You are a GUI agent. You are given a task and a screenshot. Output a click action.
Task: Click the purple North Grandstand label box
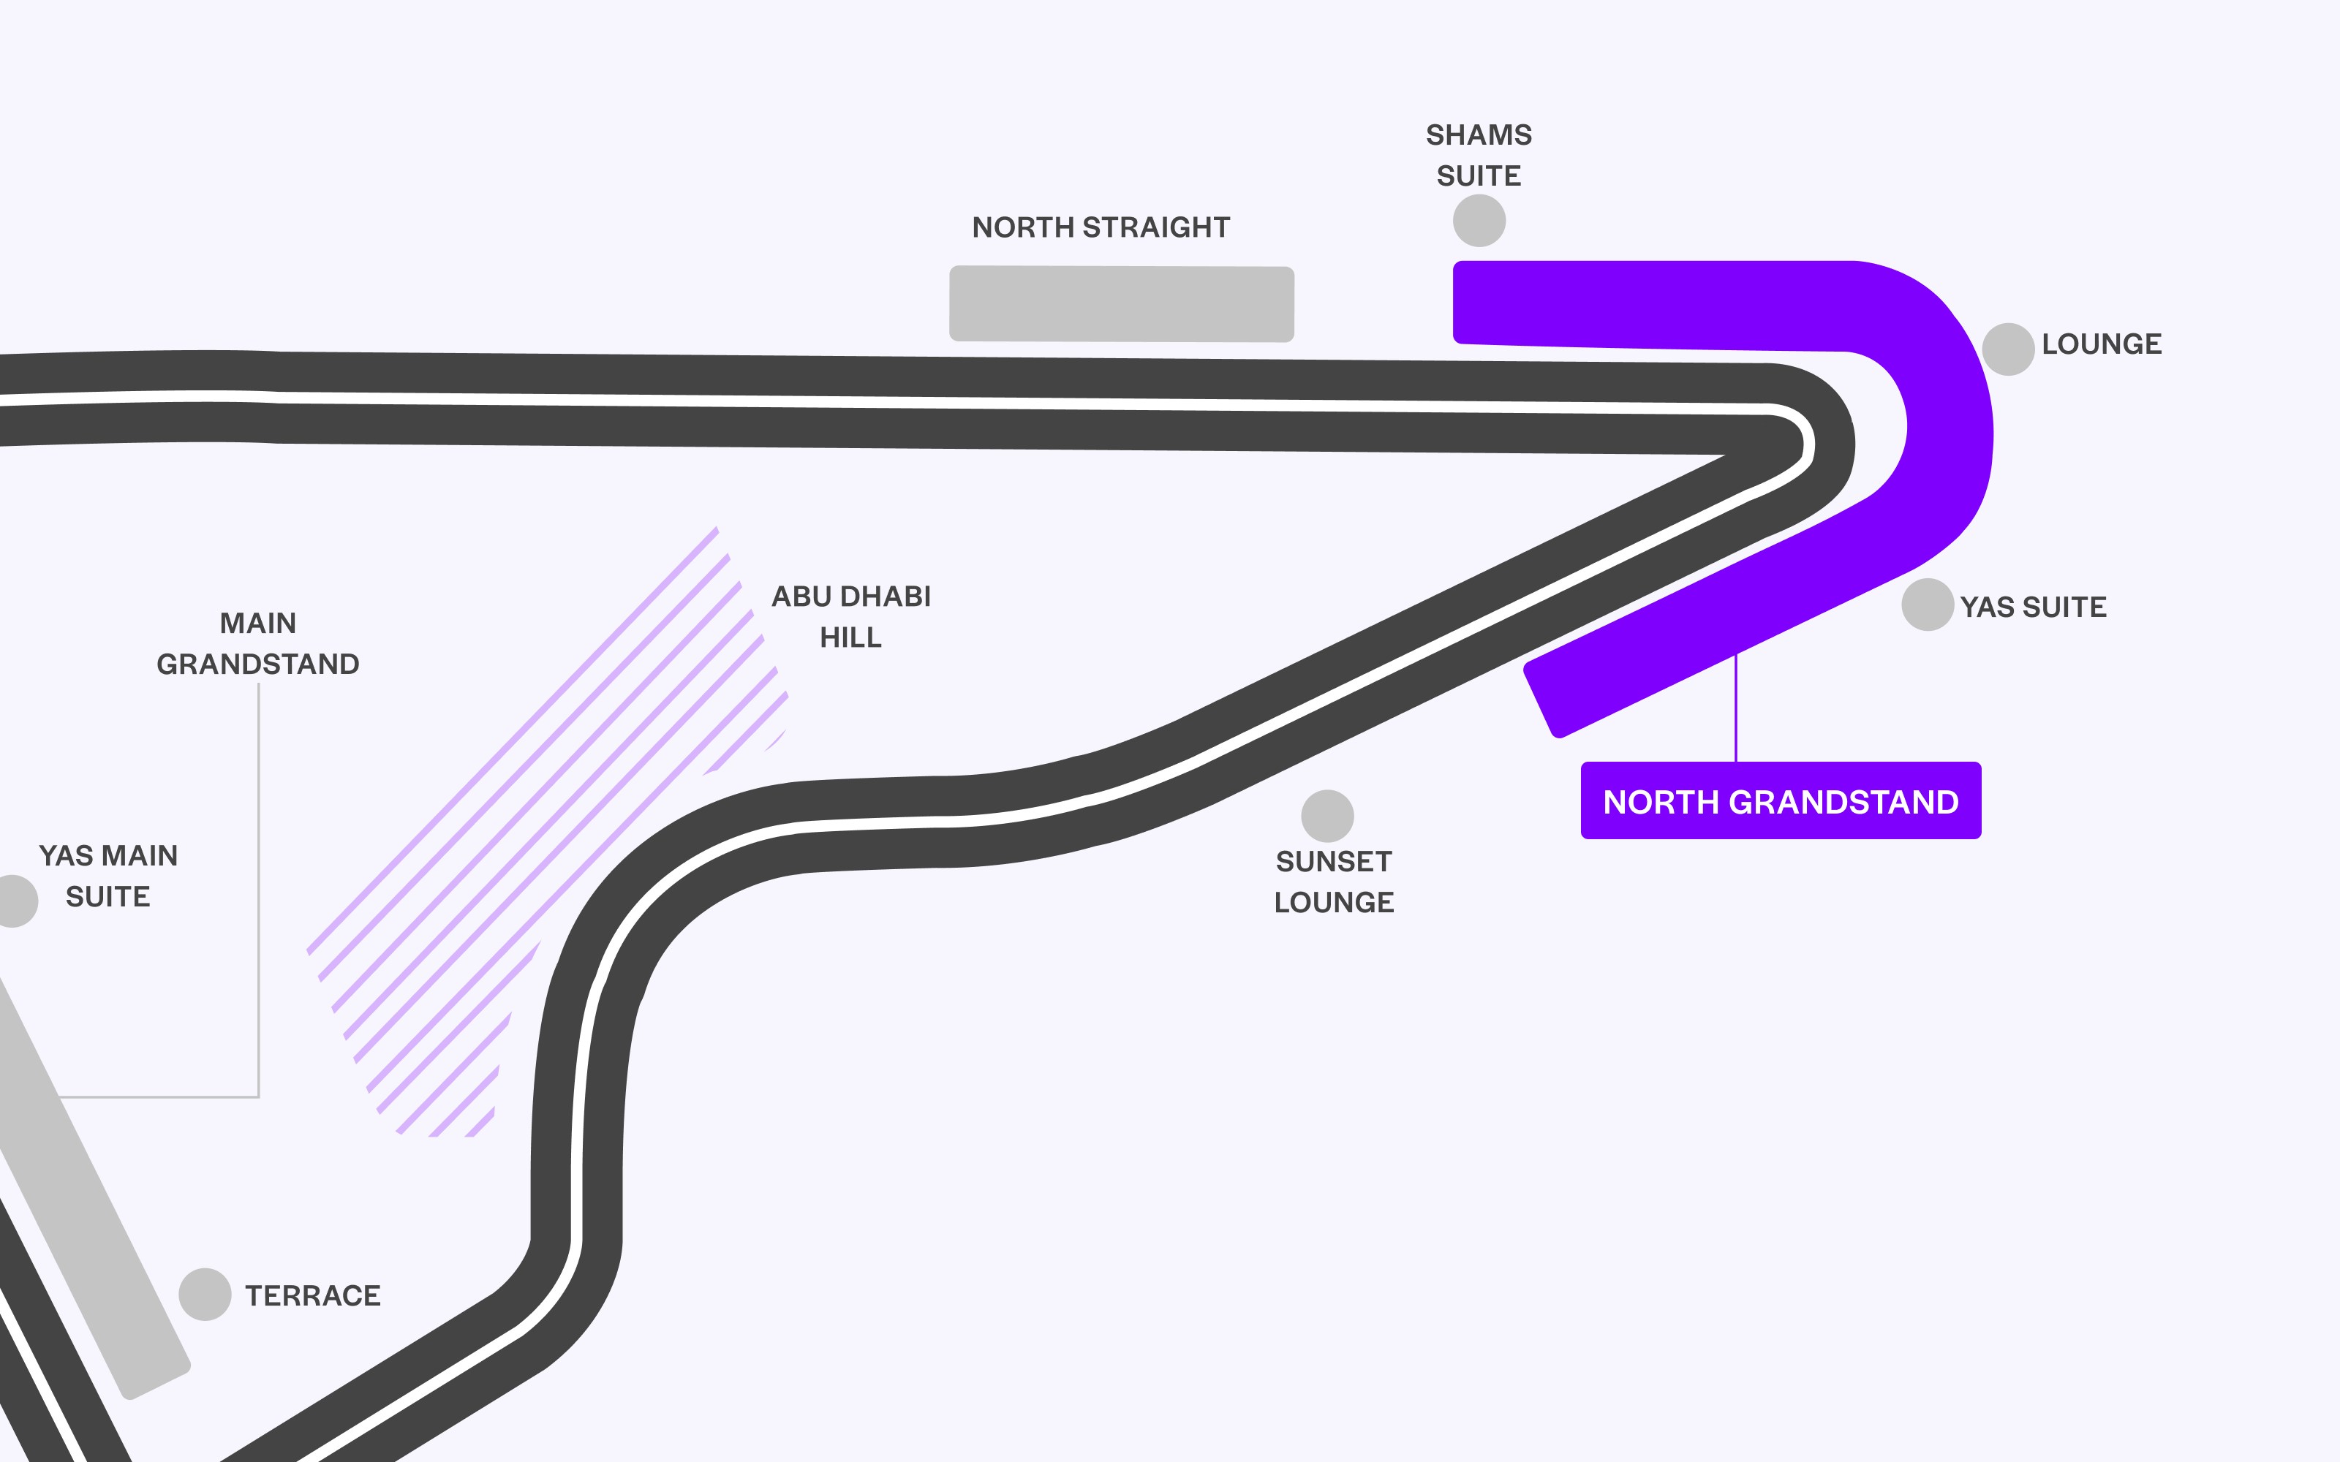click(1780, 800)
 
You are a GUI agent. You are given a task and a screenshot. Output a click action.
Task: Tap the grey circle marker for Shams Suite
click(1479, 221)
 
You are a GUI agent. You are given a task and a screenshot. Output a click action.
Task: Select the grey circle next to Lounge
click(2007, 349)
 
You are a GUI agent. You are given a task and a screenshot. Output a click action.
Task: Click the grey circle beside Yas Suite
click(1926, 605)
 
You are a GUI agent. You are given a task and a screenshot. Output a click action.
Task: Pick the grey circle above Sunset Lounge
click(1326, 816)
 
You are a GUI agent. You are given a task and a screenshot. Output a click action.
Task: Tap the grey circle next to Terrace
click(205, 1294)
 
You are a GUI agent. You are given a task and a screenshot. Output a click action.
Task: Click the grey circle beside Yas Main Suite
click(14, 900)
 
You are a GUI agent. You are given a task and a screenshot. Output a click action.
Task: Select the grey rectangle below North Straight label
click(1122, 303)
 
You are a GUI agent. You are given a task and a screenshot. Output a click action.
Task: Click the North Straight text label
click(1101, 227)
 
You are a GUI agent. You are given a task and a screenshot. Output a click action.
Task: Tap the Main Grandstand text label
click(258, 643)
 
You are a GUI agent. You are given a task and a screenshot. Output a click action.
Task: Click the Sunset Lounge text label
click(1333, 882)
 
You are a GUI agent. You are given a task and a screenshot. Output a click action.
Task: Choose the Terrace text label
click(312, 1295)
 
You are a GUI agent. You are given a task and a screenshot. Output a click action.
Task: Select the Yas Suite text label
click(2033, 607)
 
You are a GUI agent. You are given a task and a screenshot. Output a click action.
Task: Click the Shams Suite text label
click(1479, 155)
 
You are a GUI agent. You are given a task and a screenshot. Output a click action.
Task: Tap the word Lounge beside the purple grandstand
click(2100, 344)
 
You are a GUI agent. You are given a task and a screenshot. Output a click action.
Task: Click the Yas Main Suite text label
click(108, 876)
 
